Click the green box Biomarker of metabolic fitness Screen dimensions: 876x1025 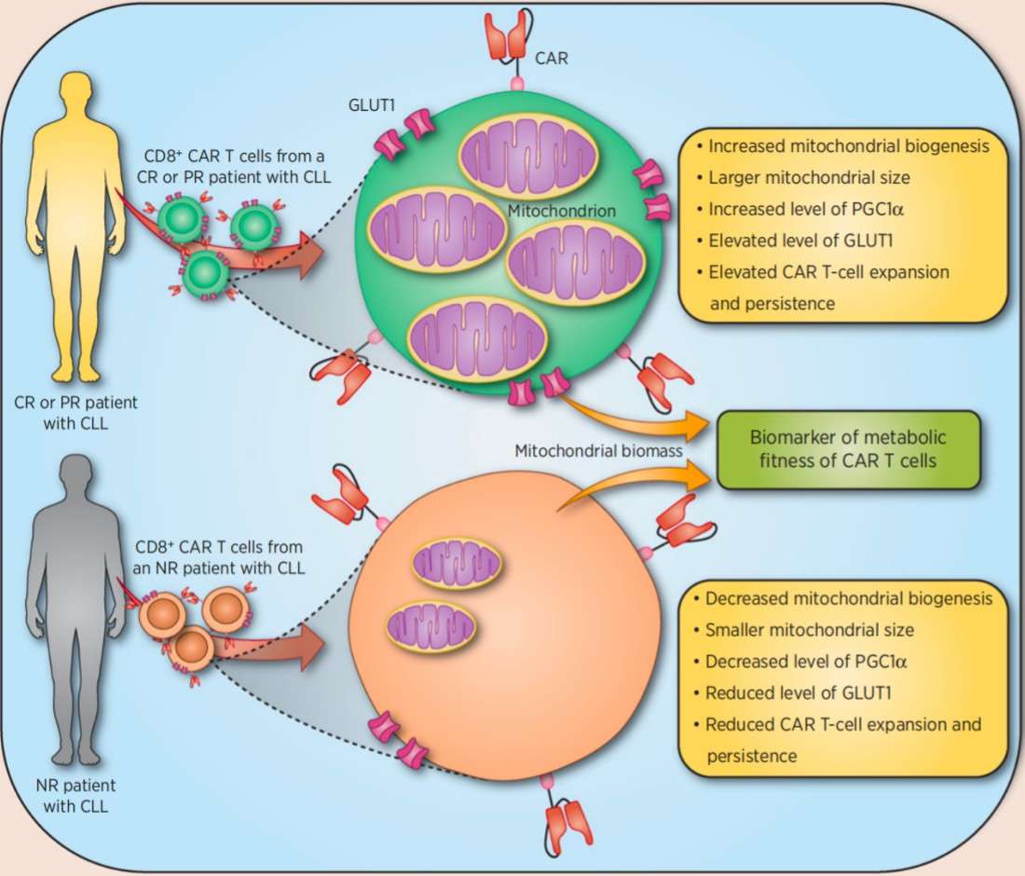click(849, 450)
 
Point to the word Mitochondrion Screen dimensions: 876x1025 click(561, 212)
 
